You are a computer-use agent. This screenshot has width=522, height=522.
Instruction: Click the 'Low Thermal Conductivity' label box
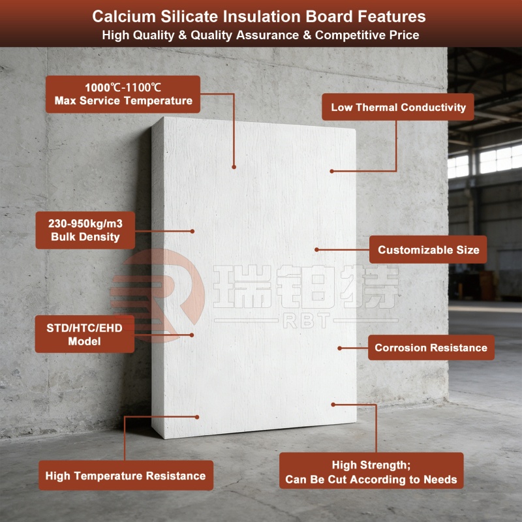point(398,108)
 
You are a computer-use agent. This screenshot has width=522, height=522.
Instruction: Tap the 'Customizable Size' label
point(428,250)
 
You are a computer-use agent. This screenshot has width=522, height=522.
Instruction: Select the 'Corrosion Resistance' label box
point(431,348)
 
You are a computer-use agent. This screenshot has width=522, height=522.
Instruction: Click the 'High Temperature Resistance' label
point(125,476)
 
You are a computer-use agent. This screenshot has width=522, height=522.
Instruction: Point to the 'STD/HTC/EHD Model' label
point(85,334)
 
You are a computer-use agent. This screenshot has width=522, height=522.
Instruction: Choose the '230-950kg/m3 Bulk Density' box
point(85,230)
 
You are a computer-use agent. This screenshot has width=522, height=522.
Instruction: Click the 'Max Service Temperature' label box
point(123,94)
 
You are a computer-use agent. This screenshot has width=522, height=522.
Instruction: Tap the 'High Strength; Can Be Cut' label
point(371,472)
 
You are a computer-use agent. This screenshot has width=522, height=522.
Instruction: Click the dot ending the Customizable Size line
point(316,249)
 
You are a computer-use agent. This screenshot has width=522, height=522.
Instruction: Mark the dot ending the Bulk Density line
point(192,230)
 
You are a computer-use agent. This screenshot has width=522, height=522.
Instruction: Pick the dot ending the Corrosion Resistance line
point(339,348)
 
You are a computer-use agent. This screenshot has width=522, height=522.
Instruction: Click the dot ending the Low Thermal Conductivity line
point(331,171)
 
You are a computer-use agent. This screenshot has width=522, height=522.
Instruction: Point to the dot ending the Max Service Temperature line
point(234,167)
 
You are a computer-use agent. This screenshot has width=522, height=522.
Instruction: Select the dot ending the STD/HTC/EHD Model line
point(192,335)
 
